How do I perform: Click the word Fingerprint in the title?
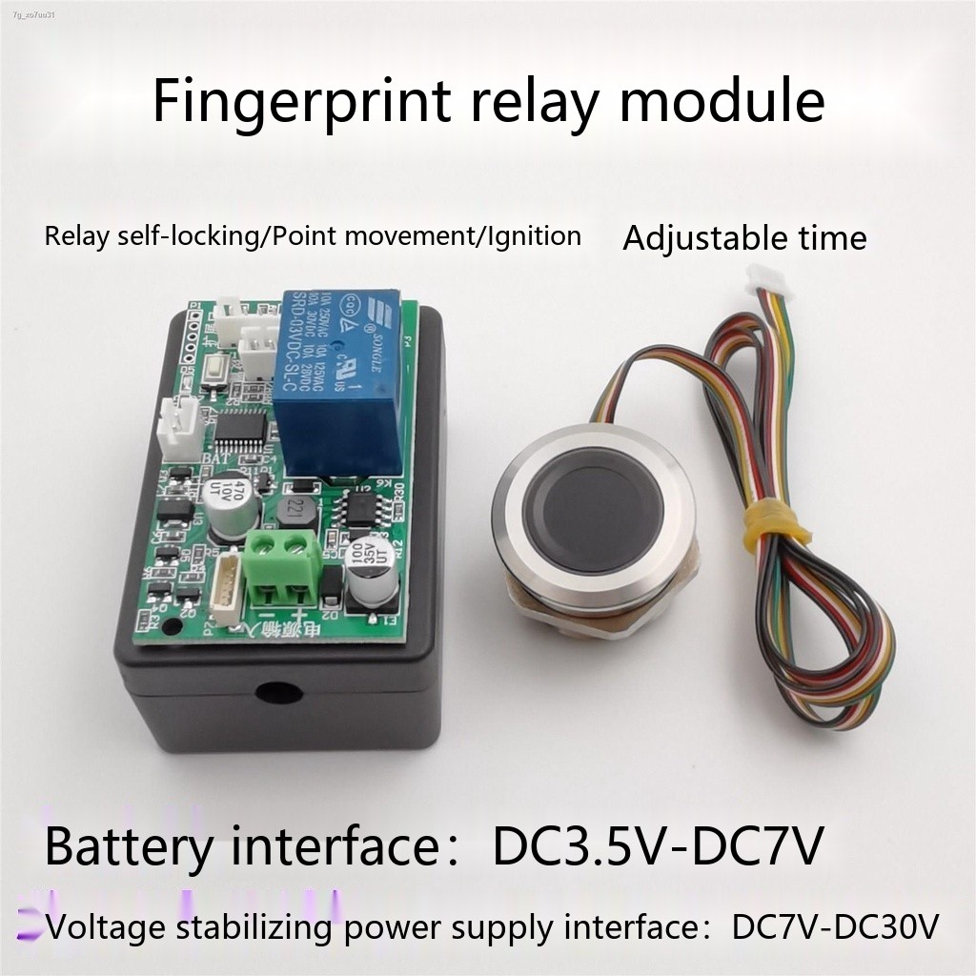coord(301,103)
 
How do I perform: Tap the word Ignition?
coord(534,235)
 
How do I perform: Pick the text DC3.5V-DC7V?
coord(657,846)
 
